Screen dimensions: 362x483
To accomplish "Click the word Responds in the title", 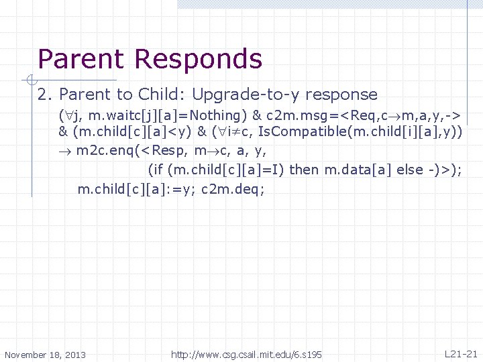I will point(198,60).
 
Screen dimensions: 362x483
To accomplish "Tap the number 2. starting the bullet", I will point(45,95).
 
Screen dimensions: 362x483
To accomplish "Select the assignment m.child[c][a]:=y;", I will point(137,188).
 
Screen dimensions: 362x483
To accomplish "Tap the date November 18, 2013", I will point(45,355).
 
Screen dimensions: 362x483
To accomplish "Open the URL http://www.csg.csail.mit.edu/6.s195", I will point(247,354).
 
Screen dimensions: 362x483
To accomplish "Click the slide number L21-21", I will point(461,353).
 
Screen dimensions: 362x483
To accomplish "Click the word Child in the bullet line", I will point(155,95).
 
